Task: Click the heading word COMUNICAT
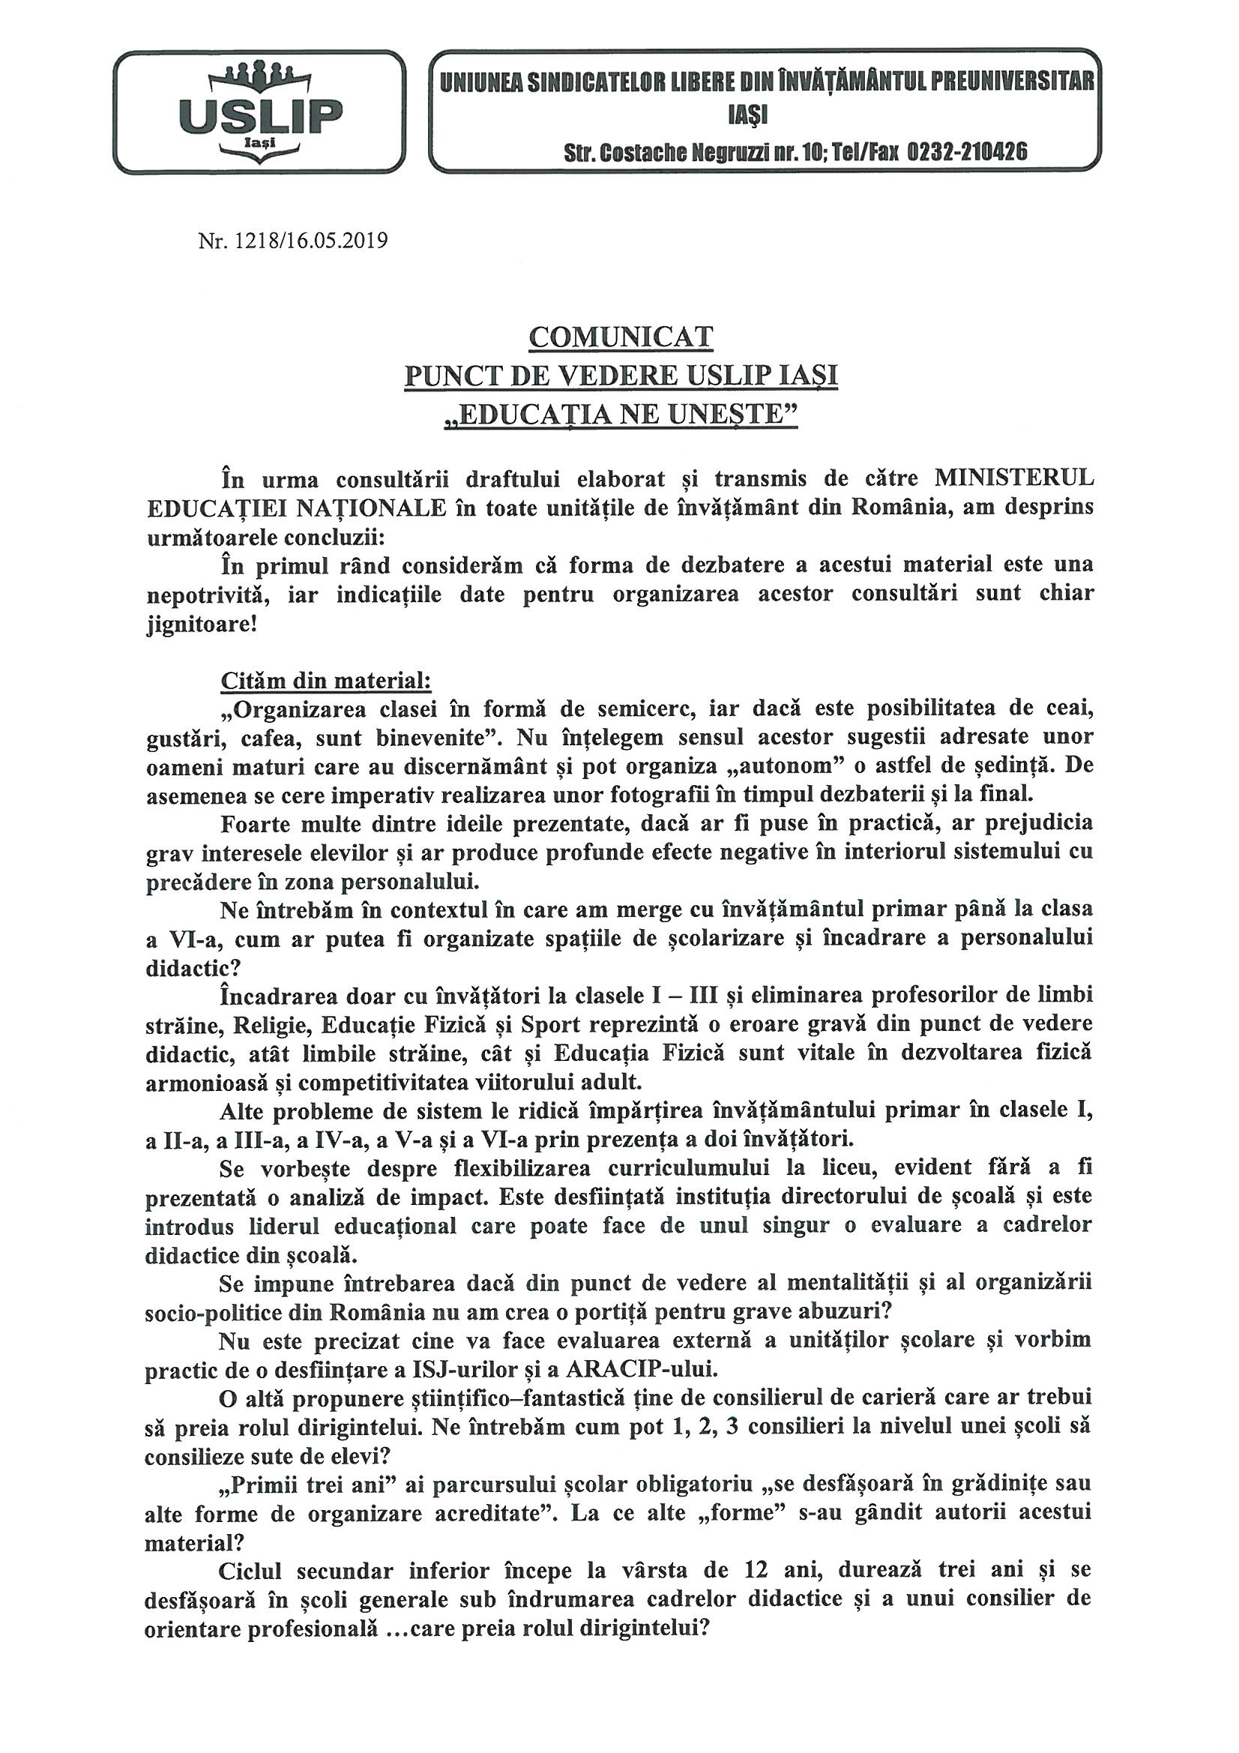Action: click(x=620, y=337)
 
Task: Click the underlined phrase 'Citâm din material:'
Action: click(x=326, y=679)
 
